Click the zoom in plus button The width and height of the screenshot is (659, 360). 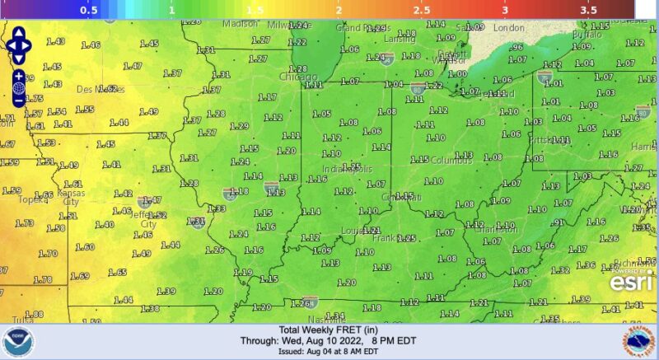coord(18,76)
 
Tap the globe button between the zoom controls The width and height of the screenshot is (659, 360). coord(18,88)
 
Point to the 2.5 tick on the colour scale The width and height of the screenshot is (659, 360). coord(421,10)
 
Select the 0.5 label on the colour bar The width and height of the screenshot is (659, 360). coord(89,10)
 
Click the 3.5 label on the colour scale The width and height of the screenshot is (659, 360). coord(587,10)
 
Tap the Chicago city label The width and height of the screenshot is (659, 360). coord(298,77)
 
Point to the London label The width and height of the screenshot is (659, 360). coord(508,28)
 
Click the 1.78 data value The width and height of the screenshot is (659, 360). coord(43,280)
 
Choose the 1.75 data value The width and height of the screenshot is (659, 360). coord(35,99)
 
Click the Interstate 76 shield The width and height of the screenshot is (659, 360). coord(544,77)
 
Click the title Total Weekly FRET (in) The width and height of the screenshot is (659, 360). coord(328,329)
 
